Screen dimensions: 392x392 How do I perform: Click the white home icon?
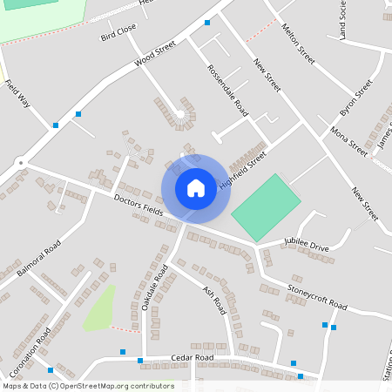196,187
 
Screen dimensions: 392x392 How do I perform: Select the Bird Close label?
118,34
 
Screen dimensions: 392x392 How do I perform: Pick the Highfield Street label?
242,168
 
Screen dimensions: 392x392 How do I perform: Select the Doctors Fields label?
139,206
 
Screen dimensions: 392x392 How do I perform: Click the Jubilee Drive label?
307,245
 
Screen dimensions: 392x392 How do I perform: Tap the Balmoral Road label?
37,259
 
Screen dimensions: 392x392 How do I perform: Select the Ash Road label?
214,301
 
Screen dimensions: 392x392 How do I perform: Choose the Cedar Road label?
192,358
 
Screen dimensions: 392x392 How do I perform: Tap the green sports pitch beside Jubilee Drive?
265,207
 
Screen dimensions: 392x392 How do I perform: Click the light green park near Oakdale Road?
100,308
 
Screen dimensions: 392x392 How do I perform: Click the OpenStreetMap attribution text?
87,386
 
